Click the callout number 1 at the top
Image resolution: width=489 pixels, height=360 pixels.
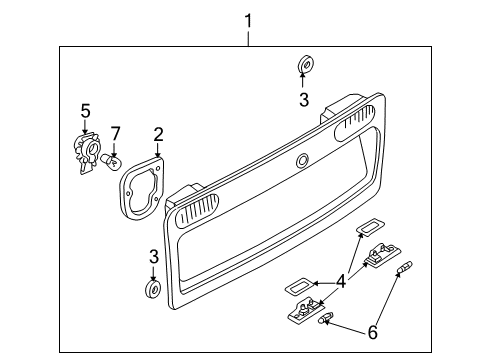coord(248,21)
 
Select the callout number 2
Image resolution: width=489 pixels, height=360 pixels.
coord(158,135)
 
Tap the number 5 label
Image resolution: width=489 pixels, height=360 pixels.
coord(85,111)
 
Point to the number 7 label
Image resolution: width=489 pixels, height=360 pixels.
coord(115,134)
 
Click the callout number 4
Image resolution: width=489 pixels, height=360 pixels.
coord(341,282)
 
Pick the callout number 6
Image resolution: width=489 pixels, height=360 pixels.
coord(373,332)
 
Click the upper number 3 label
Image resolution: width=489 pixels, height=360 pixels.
coord(304,100)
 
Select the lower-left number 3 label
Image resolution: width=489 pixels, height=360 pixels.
coord(154,257)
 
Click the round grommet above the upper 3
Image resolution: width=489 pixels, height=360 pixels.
coord(305,64)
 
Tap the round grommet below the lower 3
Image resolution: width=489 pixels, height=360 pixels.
coord(153,289)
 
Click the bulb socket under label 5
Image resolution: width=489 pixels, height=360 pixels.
coord(87,152)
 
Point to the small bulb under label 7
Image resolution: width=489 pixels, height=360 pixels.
coord(111,161)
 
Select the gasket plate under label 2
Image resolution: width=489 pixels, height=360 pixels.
coord(142,188)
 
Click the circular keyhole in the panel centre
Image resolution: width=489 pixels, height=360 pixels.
coord(302,161)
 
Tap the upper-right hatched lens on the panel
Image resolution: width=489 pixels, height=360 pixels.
coord(355,123)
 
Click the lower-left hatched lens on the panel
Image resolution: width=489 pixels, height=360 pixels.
coord(197,211)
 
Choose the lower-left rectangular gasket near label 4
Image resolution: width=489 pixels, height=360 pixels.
coord(299,286)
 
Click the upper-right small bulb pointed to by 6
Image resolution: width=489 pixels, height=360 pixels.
coord(405,267)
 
